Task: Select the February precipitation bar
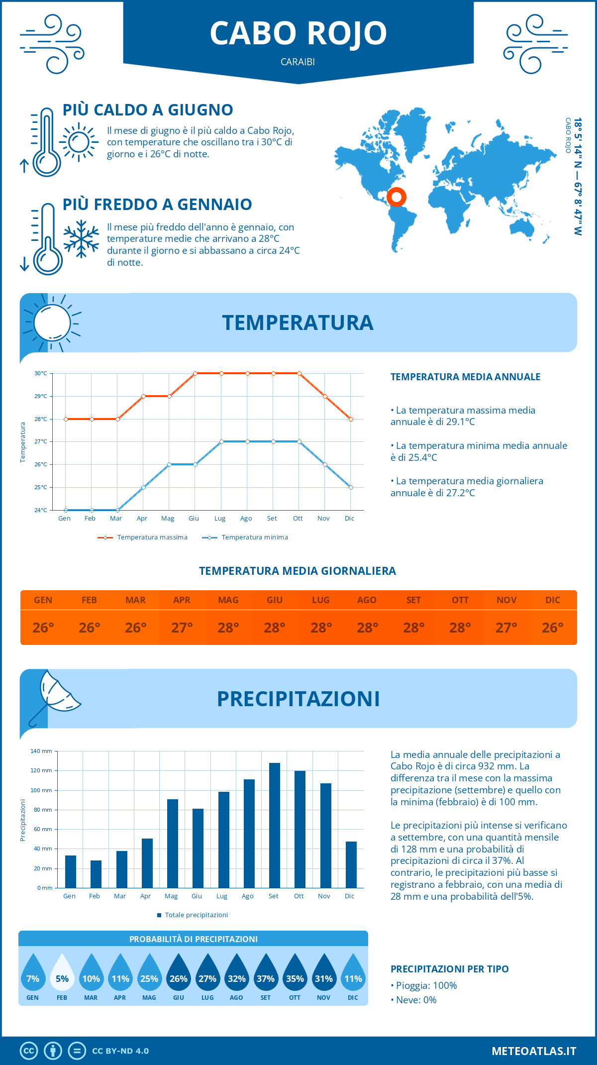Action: point(96,874)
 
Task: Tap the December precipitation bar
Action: point(351,864)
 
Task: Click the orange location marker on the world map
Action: point(397,197)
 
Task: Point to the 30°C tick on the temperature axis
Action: point(41,373)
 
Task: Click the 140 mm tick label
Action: point(41,751)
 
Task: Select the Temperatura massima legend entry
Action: point(143,537)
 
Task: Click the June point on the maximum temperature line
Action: point(195,373)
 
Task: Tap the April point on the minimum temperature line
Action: point(143,487)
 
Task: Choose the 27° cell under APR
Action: point(182,628)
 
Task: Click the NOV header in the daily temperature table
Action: point(506,600)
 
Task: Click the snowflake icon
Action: point(81,239)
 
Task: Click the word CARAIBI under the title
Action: point(298,62)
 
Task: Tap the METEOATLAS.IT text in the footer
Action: point(534,1051)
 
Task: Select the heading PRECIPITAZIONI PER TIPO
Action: point(450,969)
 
